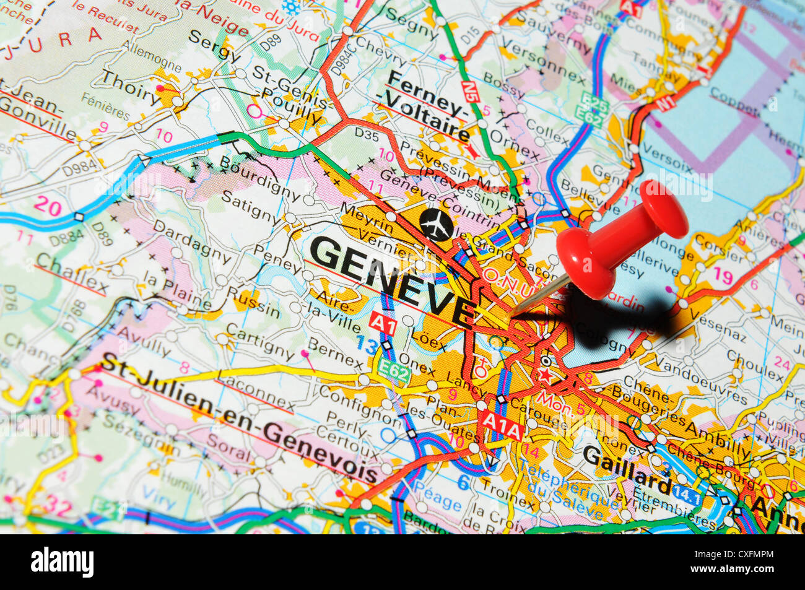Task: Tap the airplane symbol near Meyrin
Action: [x=436, y=224]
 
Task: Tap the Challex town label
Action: [x=71, y=273]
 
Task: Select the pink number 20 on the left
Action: [x=48, y=205]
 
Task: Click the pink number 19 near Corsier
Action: [x=722, y=275]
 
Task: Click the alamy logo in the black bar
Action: [x=62, y=562]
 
